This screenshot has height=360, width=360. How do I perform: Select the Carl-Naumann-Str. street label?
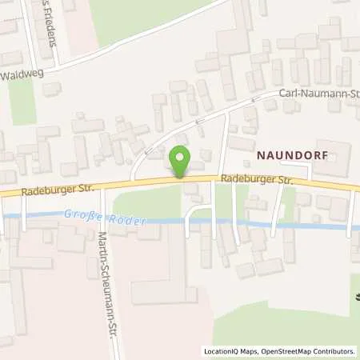pos(316,94)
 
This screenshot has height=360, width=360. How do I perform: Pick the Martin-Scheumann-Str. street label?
pos(102,285)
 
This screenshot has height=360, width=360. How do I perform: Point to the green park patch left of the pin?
pos(148,200)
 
